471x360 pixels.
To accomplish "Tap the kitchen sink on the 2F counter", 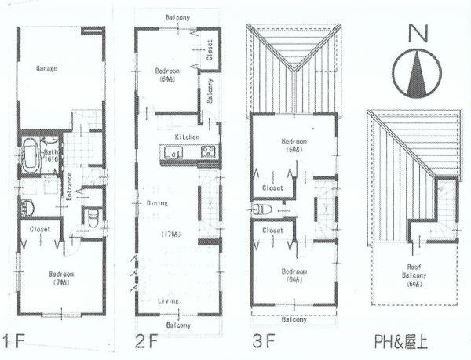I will pyautogui.click(x=173, y=152).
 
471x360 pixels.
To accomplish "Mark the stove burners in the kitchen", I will pyautogui.click(x=207, y=152).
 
